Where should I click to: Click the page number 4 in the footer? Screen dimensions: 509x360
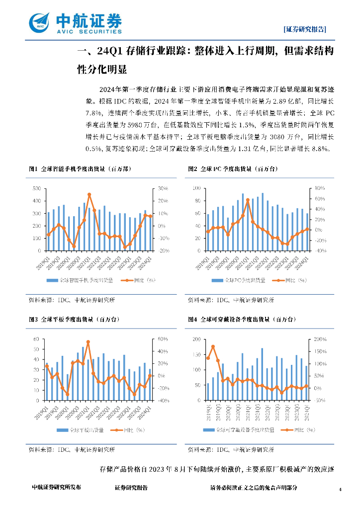point(340,490)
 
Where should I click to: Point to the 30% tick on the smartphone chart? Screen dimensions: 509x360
point(163,188)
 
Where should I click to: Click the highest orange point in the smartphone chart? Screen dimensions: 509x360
point(89,194)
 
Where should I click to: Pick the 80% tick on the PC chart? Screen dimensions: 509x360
point(319,188)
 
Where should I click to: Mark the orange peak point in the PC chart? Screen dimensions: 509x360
point(248,200)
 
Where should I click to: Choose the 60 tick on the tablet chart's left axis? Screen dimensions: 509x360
point(36,339)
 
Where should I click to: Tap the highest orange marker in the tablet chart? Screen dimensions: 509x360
point(88,342)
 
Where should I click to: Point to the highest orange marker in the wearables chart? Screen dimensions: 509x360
point(213,346)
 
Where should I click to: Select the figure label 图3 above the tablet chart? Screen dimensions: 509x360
point(33,319)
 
